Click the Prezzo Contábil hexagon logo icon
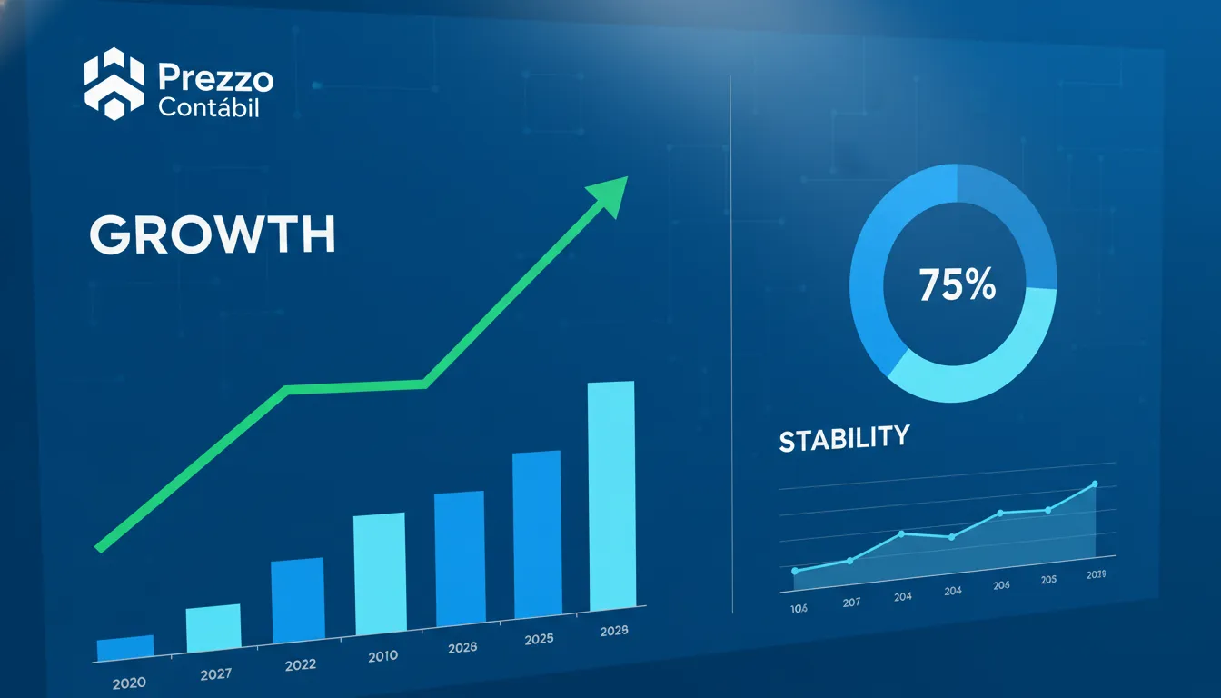[114, 85]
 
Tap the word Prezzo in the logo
[215, 79]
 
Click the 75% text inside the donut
[957, 285]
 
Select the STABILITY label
[843, 439]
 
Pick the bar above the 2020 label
[124, 648]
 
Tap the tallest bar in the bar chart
[611, 495]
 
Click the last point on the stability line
[1095, 484]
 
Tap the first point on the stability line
[795, 571]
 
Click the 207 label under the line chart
[851, 603]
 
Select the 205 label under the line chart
[1048, 580]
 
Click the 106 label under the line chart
[799, 608]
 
